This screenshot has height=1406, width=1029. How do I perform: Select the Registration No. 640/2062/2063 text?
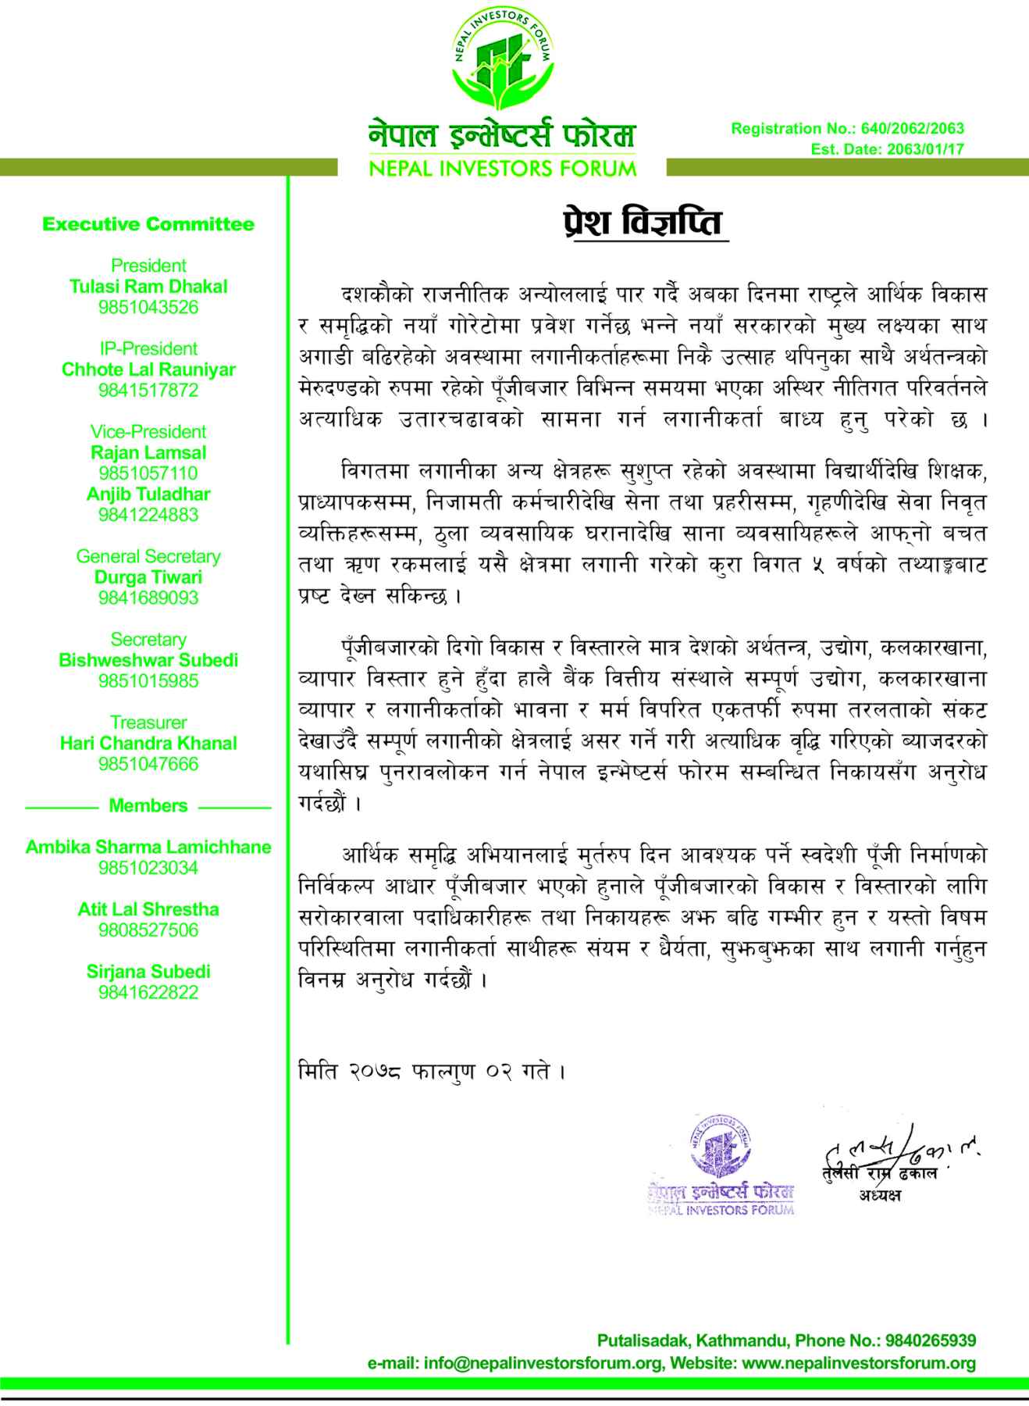click(847, 129)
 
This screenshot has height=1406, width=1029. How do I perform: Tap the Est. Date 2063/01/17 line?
click(887, 149)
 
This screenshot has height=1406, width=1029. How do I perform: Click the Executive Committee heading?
click(148, 225)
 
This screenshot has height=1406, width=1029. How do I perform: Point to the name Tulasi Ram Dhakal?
click(148, 287)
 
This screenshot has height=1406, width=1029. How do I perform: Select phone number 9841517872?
click(148, 391)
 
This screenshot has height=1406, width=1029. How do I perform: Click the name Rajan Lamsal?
click(148, 453)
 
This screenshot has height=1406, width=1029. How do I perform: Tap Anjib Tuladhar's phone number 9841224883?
click(148, 515)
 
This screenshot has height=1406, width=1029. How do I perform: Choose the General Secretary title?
click(148, 557)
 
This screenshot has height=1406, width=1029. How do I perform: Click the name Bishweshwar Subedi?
click(148, 661)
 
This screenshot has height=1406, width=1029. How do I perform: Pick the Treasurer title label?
click(148, 723)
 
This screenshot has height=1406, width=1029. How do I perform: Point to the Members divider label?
click(148, 806)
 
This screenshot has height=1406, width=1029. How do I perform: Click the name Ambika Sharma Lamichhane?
click(148, 848)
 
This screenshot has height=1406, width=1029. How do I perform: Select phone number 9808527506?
click(148, 930)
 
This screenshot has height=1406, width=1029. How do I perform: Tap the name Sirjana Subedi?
click(148, 972)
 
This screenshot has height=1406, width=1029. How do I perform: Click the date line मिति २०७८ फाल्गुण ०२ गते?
click(431, 1071)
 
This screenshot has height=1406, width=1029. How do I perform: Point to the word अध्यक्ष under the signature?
click(880, 1195)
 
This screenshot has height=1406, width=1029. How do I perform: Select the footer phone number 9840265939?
click(930, 1340)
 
